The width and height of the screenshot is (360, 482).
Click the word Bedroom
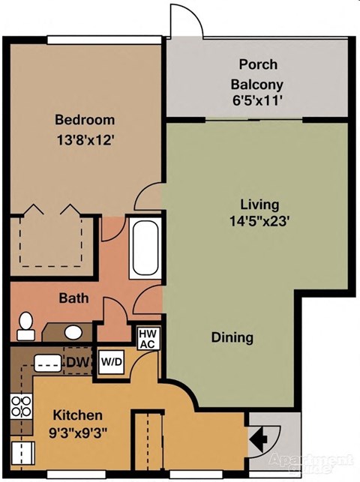click(x=85, y=119)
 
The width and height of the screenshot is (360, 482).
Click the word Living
click(x=259, y=204)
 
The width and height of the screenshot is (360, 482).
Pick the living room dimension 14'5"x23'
click(x=259, y=221)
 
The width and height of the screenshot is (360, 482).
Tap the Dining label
click(x=232, y=337)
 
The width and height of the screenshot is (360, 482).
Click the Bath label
click(x=73, y=298)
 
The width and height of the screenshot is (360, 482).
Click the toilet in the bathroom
click(x=26, y=322)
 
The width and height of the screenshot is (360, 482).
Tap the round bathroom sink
click(x=73, y=331)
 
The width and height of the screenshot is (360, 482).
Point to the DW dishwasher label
click(x=76, y=364)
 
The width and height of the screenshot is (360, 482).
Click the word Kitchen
click(x=77, y=415)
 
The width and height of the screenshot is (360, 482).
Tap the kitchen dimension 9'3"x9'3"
click(x=77, y=432)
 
